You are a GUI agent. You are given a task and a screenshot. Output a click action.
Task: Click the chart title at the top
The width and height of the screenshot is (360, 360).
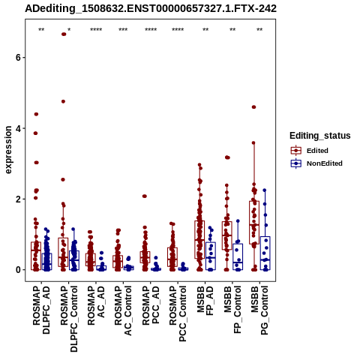tap(151, 8)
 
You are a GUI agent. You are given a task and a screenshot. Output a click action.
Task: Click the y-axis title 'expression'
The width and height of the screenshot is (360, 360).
tap(8, 150)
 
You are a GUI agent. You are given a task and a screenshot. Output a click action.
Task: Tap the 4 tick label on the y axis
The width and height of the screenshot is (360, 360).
tap(18, 128)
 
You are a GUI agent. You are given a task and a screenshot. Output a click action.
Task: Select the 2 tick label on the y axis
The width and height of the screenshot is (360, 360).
tap(18, 199)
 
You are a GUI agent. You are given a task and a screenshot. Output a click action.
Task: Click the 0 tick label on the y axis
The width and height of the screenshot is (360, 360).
tap(18, 270)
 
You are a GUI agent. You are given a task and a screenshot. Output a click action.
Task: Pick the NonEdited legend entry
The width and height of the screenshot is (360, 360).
tap(316, 163)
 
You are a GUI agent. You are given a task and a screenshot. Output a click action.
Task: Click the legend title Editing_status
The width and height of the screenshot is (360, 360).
tap(320, 136)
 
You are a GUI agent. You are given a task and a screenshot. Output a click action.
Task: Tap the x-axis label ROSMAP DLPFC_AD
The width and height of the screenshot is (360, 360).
tap(41, 310)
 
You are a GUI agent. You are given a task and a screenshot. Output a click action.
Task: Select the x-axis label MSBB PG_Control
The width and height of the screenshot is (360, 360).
tap(259, 310)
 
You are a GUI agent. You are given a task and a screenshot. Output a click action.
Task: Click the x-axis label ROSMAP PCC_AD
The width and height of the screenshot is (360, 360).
tap(151, 305)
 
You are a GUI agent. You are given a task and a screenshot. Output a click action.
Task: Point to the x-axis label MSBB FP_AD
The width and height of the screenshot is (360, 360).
tap(205, 301)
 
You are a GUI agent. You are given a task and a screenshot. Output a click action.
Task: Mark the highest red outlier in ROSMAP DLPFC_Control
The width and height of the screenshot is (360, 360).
tap(64, 34)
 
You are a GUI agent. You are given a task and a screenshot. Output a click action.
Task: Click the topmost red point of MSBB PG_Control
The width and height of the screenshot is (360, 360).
tap(253, 107)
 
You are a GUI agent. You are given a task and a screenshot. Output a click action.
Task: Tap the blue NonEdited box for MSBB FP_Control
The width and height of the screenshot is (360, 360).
tap(238, 256)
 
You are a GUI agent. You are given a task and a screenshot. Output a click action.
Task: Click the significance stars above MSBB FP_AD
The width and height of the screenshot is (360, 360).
tap(205, 30)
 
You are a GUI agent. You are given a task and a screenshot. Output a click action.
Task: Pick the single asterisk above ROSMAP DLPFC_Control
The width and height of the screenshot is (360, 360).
tap(69, 30)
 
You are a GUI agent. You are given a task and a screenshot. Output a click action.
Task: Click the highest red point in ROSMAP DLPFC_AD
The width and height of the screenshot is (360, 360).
tap(36, 114)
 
